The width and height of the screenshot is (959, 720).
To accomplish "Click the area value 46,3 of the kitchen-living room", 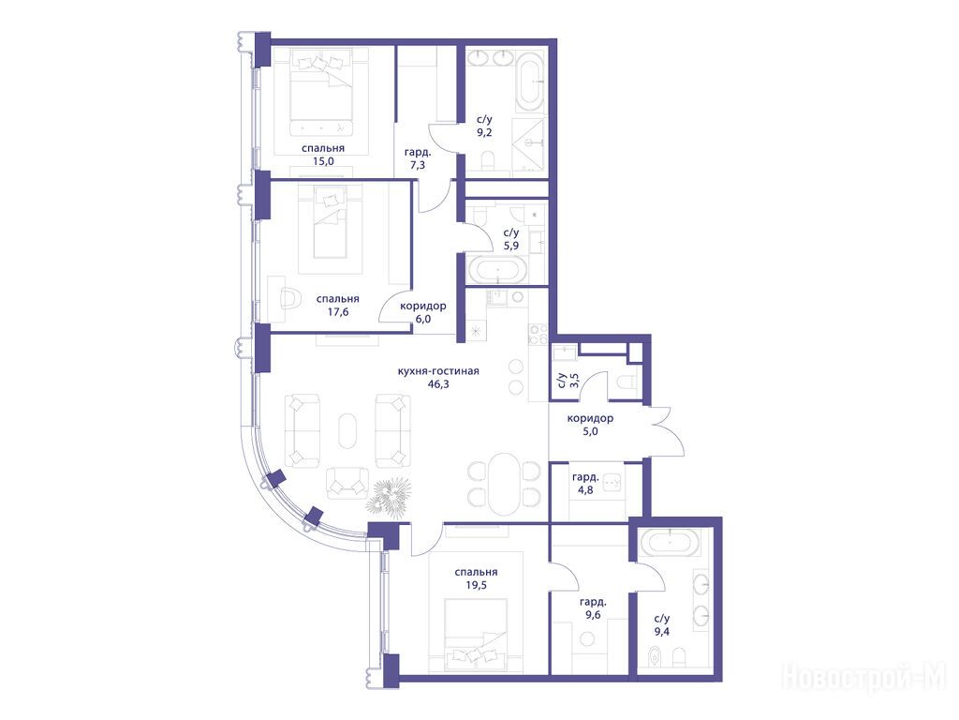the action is tap(438, 384).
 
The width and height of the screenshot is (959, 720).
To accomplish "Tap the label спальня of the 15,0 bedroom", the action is tap(323, 148).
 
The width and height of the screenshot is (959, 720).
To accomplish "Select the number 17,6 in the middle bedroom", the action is tap(337, 311).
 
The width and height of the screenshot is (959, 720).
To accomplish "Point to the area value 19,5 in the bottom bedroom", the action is tap(476, 585).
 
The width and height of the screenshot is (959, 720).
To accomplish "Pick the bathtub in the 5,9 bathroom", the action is tap(496, 271).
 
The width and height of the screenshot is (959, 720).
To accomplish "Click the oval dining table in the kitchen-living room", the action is tap(504, 485).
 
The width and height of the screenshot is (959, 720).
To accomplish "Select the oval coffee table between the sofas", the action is tap(347, 431).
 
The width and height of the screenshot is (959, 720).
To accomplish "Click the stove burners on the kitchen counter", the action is tap(538, 334).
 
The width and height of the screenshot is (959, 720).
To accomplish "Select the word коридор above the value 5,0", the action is tap(590, 419).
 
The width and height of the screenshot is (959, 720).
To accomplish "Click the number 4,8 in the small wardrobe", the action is tap(585, 489).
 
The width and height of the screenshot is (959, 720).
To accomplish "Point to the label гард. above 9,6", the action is tap(593, 602).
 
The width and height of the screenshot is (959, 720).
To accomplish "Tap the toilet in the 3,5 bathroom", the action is tap(627, 383).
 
